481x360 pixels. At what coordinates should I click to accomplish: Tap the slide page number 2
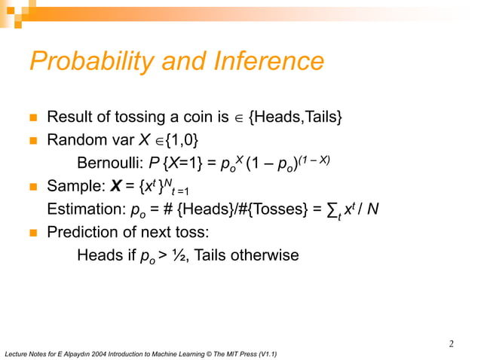(x=451, y=344)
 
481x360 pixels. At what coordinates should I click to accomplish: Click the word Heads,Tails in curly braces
(x=299, y=117)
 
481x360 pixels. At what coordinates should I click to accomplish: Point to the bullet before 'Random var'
(x=33, y=141)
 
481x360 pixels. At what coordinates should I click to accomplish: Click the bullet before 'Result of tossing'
(x=33, y=118)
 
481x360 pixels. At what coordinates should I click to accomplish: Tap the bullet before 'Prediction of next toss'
(x=33, y=233)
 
